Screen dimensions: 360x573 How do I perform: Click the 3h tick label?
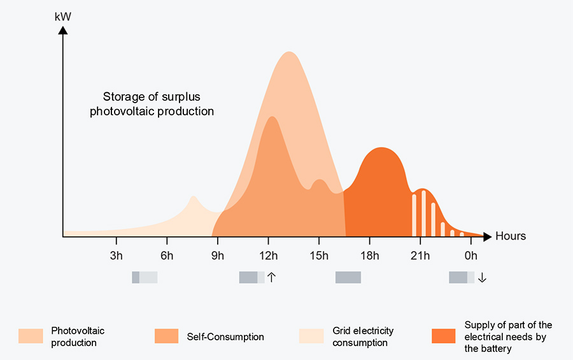coord(117,256)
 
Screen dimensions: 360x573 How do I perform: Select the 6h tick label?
coord(167,256)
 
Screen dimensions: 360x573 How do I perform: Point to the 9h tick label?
coord(218,256)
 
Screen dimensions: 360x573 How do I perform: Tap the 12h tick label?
coord(268,256)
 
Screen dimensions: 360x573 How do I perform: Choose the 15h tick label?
coord(319,256)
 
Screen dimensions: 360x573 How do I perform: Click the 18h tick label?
coord(369,256)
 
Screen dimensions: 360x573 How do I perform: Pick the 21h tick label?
coord(420,256)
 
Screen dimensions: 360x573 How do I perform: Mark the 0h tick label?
coord(470,256)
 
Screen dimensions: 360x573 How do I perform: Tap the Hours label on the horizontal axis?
coord(511,236)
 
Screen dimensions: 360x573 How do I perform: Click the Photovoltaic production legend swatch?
coord(31,336)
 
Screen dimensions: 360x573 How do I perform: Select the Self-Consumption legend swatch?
coord(167,336)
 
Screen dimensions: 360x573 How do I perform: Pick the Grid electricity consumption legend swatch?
coord(311,336)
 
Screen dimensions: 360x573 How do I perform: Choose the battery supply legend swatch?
coord(444,336)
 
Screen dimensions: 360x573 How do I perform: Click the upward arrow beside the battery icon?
coord(271,277)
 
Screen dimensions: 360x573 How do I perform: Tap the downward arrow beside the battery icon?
coord(482,277)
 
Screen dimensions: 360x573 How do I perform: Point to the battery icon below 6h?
coord(145,277)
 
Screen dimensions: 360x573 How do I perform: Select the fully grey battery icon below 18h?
coord(348,277)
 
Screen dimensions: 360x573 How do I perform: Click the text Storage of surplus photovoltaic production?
coord(152,104)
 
